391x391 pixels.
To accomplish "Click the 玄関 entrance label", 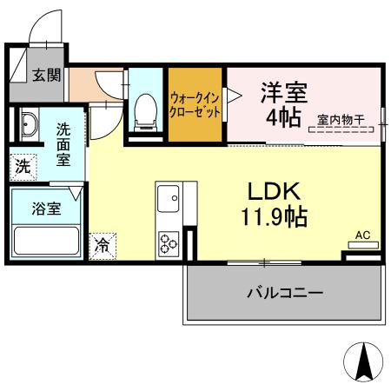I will (x=47, y=76).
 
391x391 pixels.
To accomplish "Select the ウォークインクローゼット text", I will (x=195, y=105).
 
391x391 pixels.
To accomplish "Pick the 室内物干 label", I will (x=341, y=120).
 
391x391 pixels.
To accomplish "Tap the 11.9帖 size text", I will (x=275, y=216).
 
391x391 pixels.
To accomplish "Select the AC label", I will (x=363, y=235).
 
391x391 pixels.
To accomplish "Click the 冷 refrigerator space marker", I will (x=103, y=245).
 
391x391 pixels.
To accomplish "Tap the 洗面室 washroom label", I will (x=64, y=144).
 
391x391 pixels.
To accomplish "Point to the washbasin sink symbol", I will (x=26, y=125).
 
